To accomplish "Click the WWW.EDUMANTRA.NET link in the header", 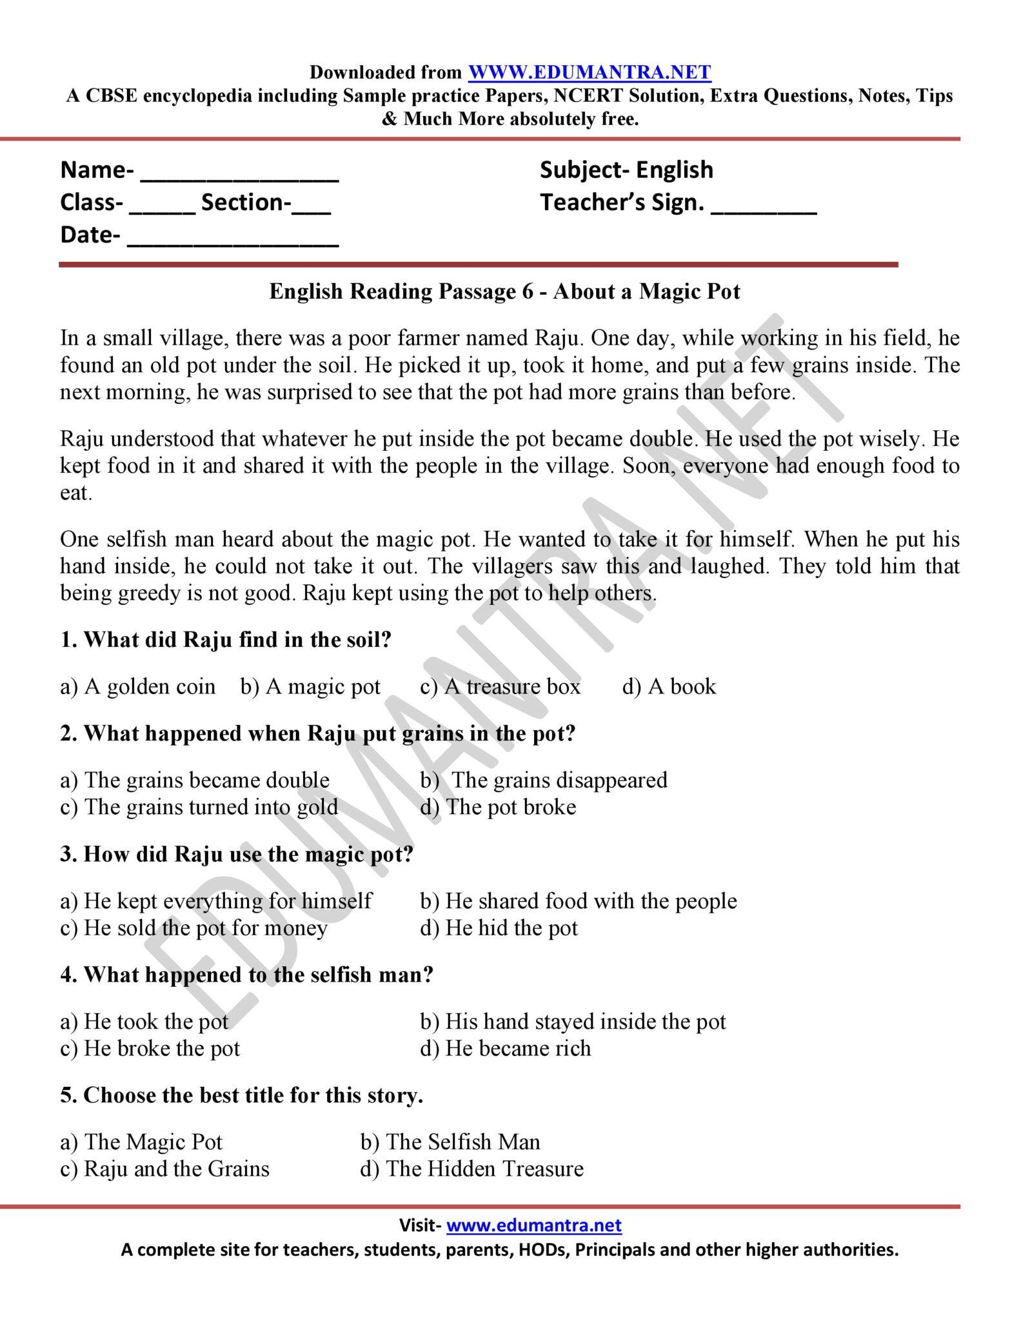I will (x=589, y=72).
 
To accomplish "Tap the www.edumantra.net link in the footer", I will (x=533, y=1225).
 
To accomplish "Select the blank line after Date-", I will (x=233, y=240).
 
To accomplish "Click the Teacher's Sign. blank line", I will (x=764, y=208).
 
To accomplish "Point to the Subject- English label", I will (x=626, y=170).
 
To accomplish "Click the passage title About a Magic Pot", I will (x=504, y=292).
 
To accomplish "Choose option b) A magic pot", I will (x=310, y=686).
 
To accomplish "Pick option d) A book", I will (x=669, y=686).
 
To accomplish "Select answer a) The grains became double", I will (x=195, y=780).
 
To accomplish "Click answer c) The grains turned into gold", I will (x=199, y=807).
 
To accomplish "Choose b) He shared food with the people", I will (x=578, y=901).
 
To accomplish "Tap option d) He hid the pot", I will (x=499, y=928).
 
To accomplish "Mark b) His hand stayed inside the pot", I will (x=572, y=1022).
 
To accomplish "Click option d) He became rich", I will (x=505, y=1049).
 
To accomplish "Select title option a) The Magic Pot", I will (x=141, y=1142).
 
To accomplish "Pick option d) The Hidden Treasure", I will (x=471, y=1169).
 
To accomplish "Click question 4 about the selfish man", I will (x=246, y=975).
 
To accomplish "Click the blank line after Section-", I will (x=311, y=208).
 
